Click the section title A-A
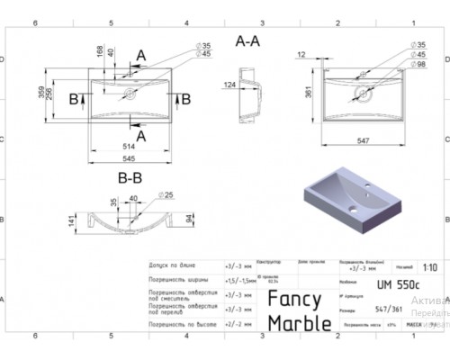pos(247,40)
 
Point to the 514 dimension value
pos(132,145)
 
